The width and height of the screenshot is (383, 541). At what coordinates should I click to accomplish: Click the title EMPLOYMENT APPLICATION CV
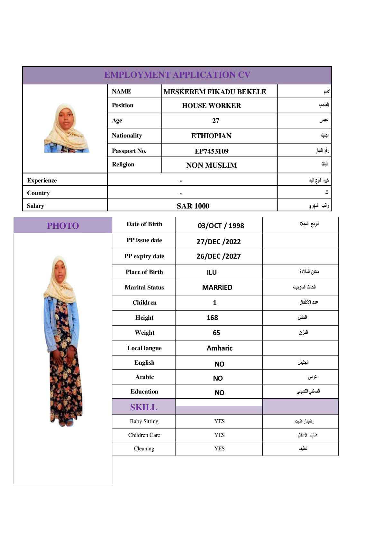[177, 75]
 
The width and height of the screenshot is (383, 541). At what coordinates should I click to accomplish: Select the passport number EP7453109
[212, 151]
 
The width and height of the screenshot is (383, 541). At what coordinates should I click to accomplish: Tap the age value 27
[215, 121]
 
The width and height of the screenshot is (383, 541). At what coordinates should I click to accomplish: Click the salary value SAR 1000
[193, 206]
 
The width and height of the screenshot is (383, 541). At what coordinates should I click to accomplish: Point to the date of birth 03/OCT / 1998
[221, 226]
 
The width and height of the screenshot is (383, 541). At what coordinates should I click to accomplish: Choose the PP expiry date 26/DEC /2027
[218, 256]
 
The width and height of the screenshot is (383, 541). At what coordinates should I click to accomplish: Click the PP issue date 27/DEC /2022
[218, 242]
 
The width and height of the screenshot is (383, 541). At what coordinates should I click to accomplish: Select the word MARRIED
[217, 288]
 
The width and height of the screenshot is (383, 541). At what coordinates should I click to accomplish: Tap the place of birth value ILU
[212, 272]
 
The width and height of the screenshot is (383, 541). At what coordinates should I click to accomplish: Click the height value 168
[212, 318]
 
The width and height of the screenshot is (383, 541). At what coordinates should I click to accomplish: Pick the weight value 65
[216, 333]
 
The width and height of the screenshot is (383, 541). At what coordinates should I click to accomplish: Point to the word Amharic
[219, 348]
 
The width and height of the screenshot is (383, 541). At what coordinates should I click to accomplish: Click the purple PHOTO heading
[63, 226]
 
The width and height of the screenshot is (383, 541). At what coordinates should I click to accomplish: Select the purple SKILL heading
[144, 407]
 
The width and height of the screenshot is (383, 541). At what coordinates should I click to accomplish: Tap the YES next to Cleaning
[219, 448]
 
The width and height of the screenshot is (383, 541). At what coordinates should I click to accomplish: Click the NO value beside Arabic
[218, 378]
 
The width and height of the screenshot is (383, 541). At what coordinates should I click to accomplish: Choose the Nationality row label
[127, 136]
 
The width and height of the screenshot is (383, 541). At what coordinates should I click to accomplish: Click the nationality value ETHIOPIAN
[211, 136]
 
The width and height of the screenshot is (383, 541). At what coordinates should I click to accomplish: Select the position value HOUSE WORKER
[211, 106]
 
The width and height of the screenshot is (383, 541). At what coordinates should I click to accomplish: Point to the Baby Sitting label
[144, 421]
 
